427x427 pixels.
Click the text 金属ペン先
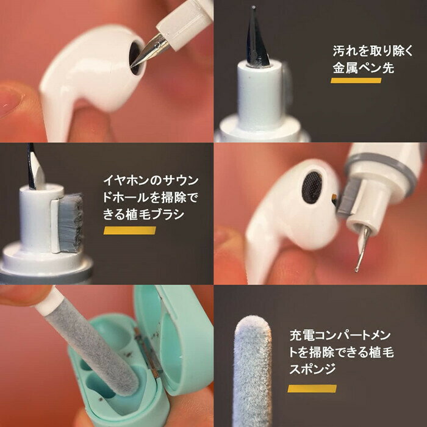tap(364, 68)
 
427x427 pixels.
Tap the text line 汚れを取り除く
tap(373, 51)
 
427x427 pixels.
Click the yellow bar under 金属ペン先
tap(356, 81)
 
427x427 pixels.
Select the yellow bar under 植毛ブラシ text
tap(129, 231)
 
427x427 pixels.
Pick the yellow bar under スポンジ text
tap(312, 389)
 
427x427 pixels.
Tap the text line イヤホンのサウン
tap(151, 181)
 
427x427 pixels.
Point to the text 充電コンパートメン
tap(340, 335)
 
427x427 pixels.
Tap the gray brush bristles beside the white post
tap(71, 223)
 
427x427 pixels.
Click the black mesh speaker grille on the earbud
tap(312, 187)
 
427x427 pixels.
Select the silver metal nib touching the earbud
tap(149, 51)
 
